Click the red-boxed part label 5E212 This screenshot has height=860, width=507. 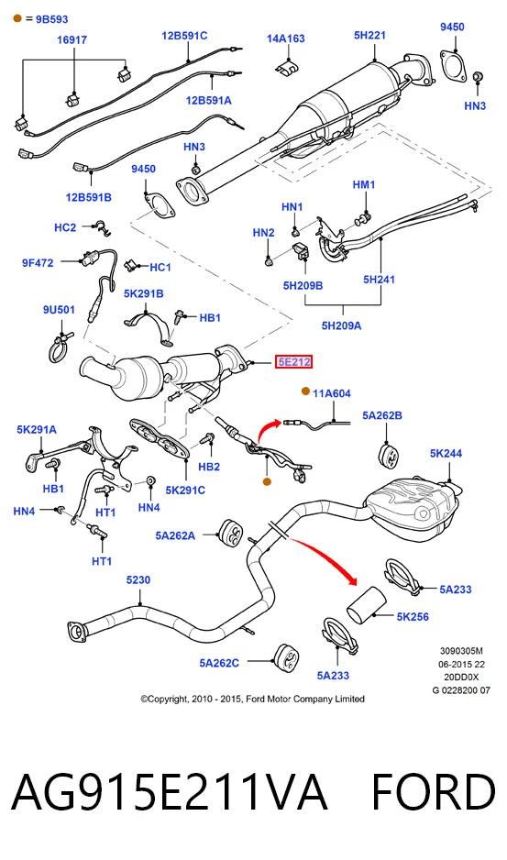tap(294, 362)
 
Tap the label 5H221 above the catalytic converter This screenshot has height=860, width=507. tap(369, 36)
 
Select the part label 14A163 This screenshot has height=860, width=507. tap(286, 39)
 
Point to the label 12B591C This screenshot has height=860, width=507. tap(184, 36)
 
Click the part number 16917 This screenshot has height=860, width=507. tap(72, 40)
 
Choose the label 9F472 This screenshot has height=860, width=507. tap(38, 263)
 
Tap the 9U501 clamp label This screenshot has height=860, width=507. tap(59, 310)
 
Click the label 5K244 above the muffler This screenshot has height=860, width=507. tap(446, 454)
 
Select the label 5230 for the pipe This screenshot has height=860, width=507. tap(138, 580)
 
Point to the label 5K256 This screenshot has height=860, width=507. tap(413, 617)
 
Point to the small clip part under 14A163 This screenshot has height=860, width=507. tap(286, 67)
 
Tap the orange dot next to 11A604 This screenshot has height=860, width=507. tap(305, 391)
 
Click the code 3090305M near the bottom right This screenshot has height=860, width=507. tap(461, 652)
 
